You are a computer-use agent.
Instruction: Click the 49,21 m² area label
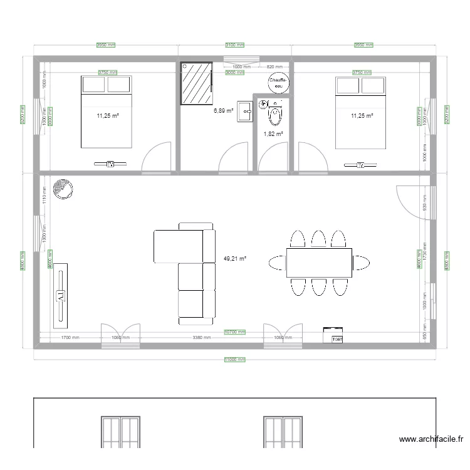(x=235, y=258)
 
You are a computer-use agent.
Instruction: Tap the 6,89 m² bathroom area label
(x=224, y=110)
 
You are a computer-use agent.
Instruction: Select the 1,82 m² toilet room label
(x=273, y=133)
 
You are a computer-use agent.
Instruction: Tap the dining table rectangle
(x=319, y=263)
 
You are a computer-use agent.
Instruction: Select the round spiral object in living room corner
(x=63, y=189)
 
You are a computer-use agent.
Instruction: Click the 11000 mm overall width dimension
(x=235, y=360)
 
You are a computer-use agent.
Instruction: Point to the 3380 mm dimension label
(x=201, y=338)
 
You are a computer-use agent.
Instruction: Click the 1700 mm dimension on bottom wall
(x=70, y=338)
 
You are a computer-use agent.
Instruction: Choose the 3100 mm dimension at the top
(x=235, y=45)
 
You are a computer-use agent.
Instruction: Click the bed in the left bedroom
(x=106, y=112)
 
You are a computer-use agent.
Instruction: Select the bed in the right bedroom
(x=361, y=113)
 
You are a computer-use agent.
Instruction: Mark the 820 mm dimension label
(x=274, y=66)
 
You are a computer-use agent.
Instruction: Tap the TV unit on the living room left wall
(x=61, y=295)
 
